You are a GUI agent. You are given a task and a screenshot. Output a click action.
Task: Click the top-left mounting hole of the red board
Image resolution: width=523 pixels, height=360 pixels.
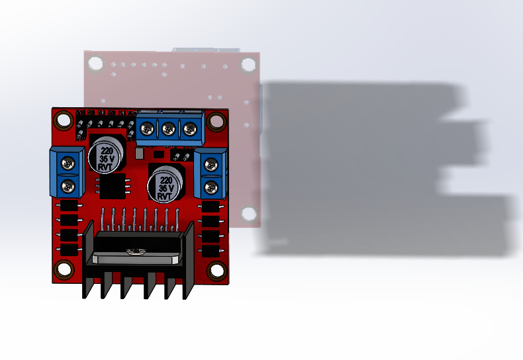tap(64, 121)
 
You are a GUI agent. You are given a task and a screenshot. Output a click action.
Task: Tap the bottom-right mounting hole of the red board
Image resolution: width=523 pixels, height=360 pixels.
tap(216, 271)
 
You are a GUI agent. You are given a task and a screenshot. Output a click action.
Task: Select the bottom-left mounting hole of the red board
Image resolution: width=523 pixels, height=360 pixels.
tap(64, 269)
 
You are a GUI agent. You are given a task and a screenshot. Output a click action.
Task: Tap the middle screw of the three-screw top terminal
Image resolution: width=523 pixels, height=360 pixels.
tap(169, 130)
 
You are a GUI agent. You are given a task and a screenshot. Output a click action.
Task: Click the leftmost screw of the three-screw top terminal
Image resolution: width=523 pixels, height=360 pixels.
tap(148, 130)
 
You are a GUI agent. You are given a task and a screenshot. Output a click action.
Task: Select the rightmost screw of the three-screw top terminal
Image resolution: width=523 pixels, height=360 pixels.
tap(191, 130)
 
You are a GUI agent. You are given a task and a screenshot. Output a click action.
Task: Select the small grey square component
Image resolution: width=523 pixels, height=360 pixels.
tap(139, 154)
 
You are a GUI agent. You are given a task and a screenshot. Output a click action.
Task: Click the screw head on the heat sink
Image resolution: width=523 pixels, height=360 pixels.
tap(136, 251)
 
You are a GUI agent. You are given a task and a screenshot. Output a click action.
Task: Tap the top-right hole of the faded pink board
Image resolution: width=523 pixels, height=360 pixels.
tap(248, 64)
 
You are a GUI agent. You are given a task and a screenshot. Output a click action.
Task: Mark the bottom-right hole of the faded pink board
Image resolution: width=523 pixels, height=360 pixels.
tap(249, 214)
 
